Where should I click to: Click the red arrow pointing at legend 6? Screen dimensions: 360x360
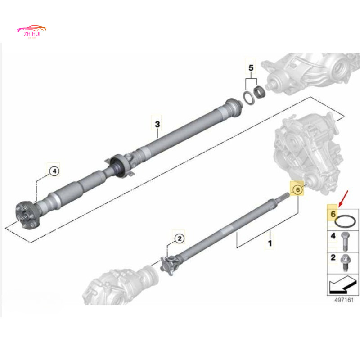(344, 197)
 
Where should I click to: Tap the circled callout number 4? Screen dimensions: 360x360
(54, 171)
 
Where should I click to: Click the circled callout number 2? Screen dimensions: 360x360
(179, 238)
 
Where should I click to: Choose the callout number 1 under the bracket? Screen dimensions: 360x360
(270, 243)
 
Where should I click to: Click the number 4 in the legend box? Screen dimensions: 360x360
(333, 236)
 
